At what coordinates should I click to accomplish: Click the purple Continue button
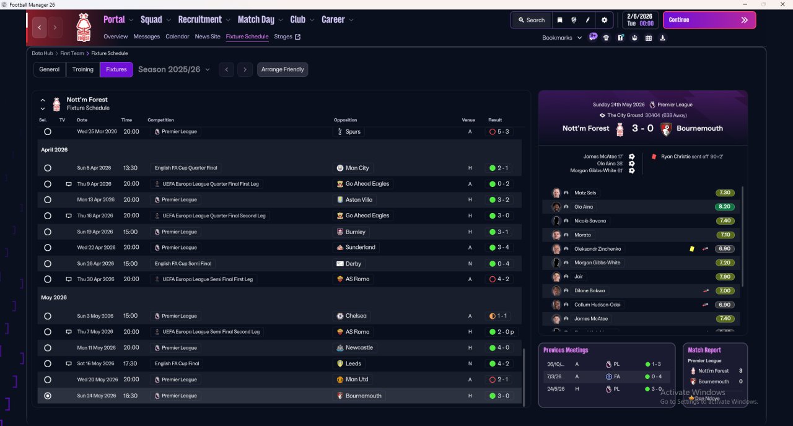709,20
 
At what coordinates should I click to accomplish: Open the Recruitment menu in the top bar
204,20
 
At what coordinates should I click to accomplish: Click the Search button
531,20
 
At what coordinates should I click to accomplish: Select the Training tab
83,69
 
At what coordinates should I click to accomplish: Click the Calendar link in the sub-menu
177,37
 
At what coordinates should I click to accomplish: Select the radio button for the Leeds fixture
48,363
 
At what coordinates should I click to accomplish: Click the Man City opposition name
357,168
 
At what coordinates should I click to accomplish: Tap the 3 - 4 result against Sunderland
501,247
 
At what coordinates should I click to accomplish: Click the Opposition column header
345,120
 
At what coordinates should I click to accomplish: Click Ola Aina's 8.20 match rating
724,207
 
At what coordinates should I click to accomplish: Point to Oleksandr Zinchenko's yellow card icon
691,249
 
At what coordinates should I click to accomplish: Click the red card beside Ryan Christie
653,157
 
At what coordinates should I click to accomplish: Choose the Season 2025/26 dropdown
173,69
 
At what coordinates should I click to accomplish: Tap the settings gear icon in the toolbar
604,20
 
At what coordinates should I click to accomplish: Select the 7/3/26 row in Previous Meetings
606,376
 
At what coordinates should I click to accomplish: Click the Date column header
82,120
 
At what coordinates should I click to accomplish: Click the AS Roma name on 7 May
357,332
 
